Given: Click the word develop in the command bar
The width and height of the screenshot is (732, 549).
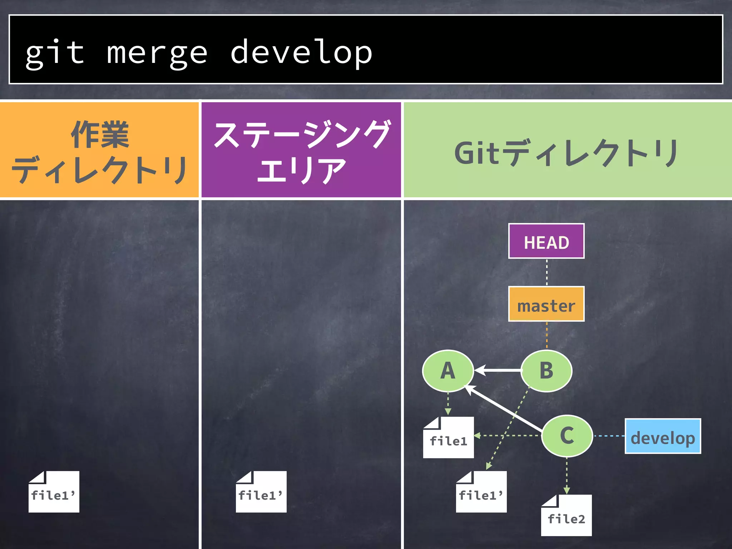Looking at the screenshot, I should click(x=301, y=53).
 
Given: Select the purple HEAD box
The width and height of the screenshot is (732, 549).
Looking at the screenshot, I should click(x=546, y=241).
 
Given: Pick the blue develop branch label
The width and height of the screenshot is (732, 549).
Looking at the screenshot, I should click(x=663, y=436).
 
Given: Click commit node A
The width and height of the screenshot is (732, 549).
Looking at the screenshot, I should click(x=448, y=371).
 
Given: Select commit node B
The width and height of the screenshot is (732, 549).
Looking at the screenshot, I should click(x=546, y=371).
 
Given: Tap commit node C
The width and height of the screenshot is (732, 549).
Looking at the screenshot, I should click(x=567, y=436).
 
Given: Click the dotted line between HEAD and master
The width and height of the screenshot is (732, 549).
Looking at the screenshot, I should click(x=546, y=272).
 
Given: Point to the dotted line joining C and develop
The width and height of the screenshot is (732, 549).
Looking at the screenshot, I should click(x=609, y=436).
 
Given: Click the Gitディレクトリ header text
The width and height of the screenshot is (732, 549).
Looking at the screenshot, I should click(x=567, y=153).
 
